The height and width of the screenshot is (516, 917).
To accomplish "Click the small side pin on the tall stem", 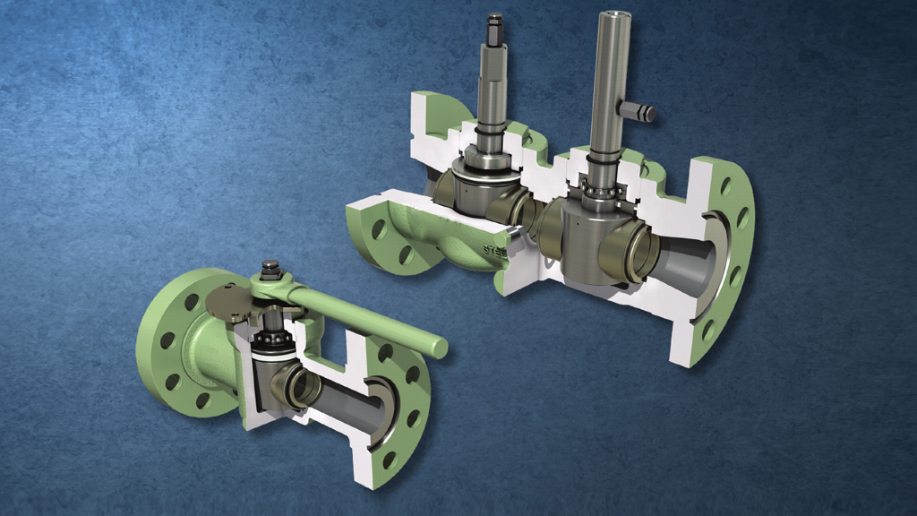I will pyautogui.click(x=643, y=113).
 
